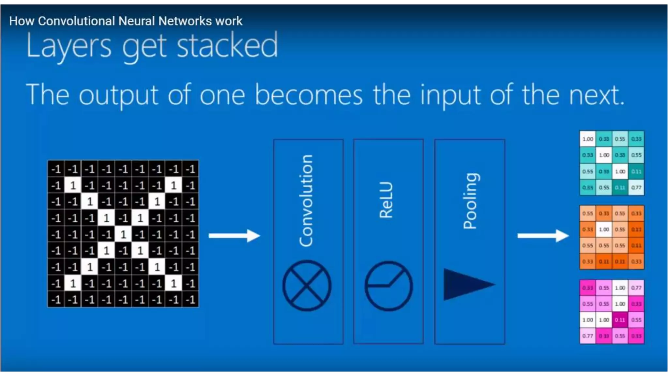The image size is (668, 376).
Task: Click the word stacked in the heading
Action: coord(227,46)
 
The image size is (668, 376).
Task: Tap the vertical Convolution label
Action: coord(306,200)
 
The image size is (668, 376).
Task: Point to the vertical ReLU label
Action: coord(387,200)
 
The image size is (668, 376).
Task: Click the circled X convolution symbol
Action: coord(307,285)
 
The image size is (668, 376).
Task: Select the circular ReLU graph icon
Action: coord(388,286)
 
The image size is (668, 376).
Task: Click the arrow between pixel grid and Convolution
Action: coord(234,235)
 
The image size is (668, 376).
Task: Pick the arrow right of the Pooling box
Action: coord(543,235)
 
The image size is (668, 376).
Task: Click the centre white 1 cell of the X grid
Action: coord(123,234)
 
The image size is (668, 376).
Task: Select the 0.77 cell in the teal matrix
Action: coord(636,187)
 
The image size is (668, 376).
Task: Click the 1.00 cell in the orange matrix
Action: coord(604,229)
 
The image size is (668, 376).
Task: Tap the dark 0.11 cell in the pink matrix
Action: coord(620,320)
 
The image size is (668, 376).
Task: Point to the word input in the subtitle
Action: coord(450,95)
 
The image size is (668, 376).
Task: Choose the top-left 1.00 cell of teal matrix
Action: coord(588,139)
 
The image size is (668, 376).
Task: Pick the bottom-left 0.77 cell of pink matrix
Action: coord(588,336)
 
